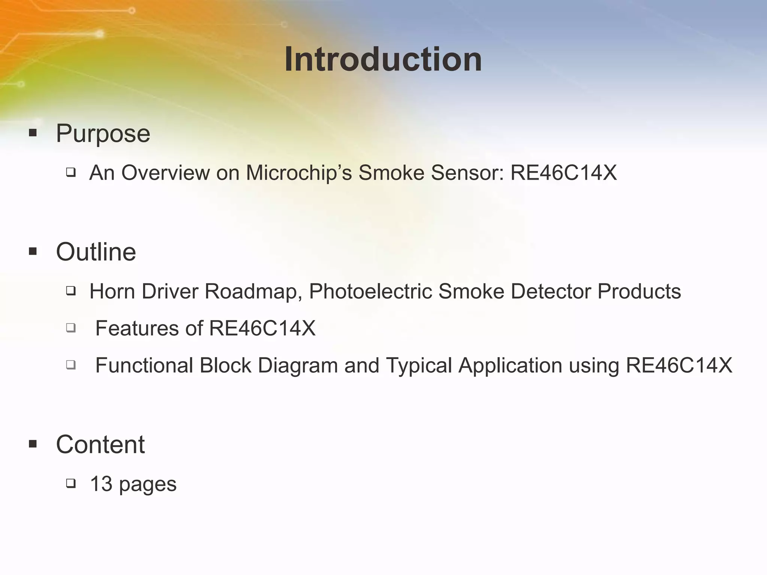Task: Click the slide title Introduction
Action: point(383,60)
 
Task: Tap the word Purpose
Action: point(103,133)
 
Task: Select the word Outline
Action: point(96,252)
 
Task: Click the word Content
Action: point(100,444)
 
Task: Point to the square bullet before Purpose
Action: point(33,133)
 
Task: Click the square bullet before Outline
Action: point(33,252)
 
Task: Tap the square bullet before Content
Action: point(33,444)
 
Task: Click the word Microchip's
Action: point(299,173)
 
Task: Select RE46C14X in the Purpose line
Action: point(564,173)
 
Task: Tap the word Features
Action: point(137,328)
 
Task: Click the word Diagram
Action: point(298,365)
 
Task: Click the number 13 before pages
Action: point(101,484)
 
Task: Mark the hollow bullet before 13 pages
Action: point(71,483)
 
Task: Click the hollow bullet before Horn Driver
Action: point(71,291)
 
